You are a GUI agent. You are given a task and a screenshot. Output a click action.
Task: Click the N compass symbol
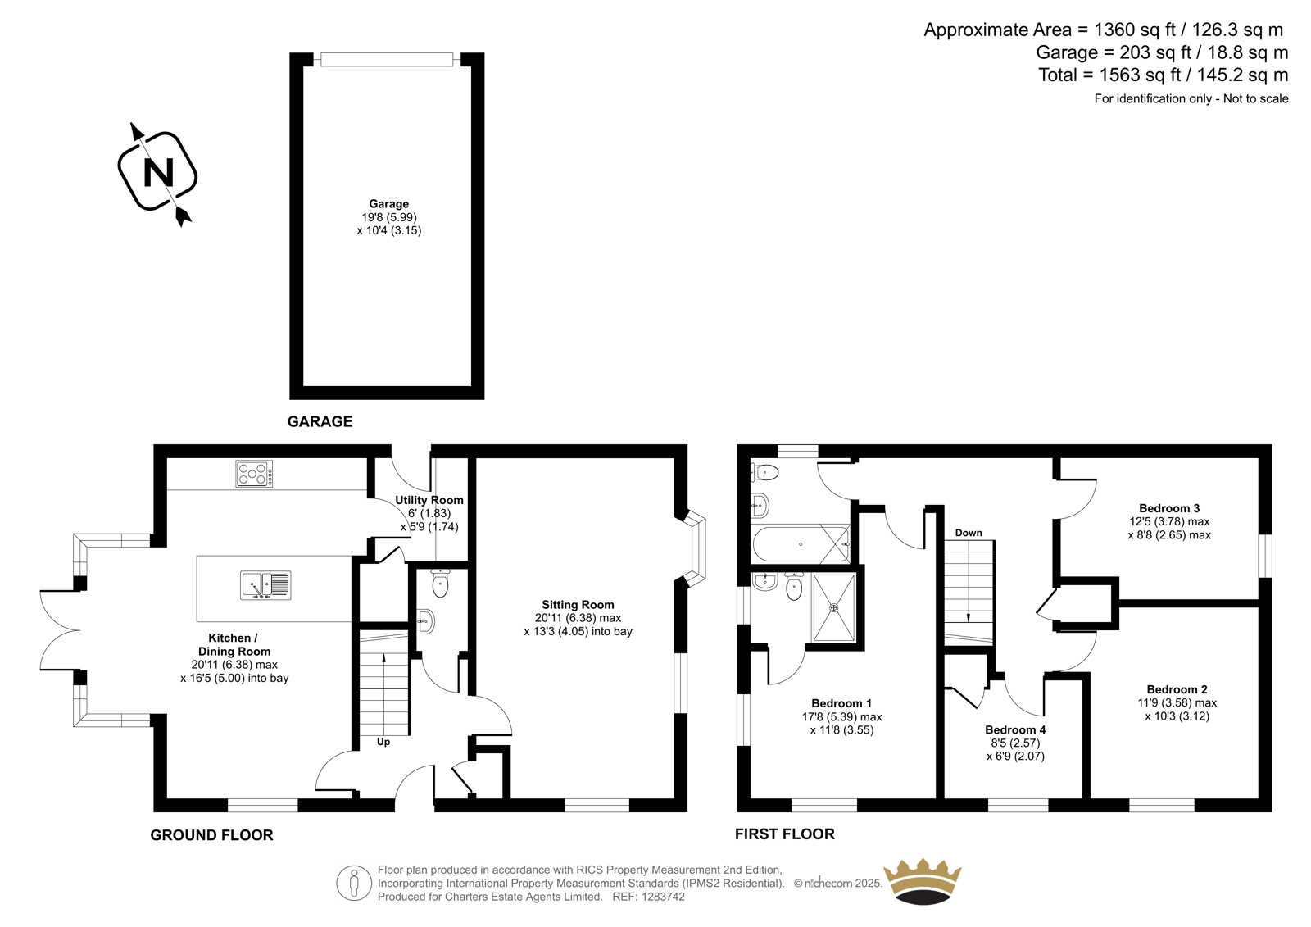(157, 171)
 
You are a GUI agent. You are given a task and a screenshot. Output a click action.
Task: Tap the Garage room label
(388, 204)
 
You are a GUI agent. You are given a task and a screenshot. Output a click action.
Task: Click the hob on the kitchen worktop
(254, 474)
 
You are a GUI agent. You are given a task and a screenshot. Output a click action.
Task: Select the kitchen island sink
(265, 585)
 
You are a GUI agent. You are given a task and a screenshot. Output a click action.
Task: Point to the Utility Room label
(429, 500)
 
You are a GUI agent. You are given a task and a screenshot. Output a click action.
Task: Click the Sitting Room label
(578, 604)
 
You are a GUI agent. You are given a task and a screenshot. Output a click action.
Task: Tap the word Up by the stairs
(383, 742)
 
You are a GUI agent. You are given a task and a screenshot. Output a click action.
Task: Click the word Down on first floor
(969, 533)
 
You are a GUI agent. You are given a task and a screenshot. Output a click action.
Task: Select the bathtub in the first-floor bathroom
(801, 544)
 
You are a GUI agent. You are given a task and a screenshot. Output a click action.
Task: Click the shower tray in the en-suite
(833, 607)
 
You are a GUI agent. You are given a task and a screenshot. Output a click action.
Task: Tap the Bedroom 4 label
(1015, 729)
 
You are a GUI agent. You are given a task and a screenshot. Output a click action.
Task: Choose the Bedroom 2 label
(1177, 689)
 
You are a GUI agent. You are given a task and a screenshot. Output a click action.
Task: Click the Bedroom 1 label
(841, 703)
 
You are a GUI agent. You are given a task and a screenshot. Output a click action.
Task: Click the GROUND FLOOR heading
(212, 835)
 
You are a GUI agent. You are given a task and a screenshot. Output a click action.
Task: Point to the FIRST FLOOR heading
(785, 834)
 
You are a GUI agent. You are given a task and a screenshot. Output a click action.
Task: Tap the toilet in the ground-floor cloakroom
(440, 582)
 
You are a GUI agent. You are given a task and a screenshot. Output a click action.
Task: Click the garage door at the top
(387, 59)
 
